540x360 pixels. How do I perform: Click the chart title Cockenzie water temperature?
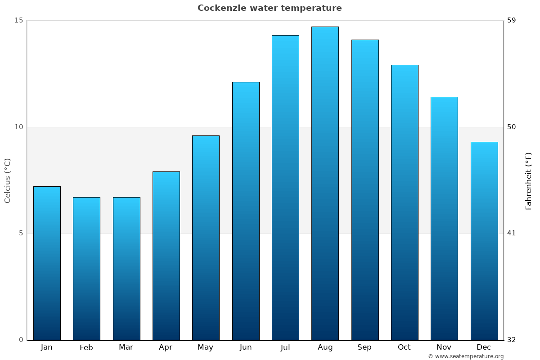(270, 8)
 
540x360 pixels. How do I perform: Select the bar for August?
(325, 183)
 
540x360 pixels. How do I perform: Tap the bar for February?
(86, 268)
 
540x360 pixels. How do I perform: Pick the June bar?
(246, 211)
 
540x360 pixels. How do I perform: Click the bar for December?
(484, 241)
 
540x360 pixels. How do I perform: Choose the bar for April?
(166, 256)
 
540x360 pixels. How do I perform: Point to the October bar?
(405, 202)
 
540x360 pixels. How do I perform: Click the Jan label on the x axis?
(46, 347)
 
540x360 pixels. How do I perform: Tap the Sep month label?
(364, 347)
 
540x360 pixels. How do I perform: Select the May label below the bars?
(206, 347)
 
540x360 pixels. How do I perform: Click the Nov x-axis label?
(444, 347)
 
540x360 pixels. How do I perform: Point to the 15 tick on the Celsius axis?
(18, 20)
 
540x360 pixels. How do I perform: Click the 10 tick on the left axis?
(18, 127)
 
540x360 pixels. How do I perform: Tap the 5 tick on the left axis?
(21, 233)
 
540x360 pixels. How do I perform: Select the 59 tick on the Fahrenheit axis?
(512, 20)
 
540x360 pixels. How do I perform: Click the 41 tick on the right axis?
(512, 233)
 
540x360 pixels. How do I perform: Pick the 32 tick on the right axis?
(512, 340)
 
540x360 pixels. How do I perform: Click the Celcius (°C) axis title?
(7, 180)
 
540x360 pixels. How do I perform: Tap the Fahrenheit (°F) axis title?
(529, 180)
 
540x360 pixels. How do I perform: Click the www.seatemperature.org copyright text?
(466, 356)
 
